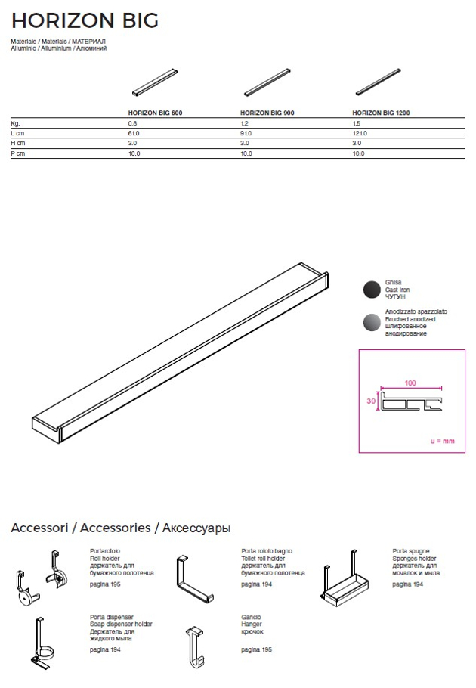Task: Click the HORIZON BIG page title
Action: coord(85,20)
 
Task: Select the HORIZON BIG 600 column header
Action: coord(155,112)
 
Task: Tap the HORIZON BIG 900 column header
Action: coord(267,112)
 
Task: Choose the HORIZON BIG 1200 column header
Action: coord(382,112)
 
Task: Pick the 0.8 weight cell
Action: coord(133,122)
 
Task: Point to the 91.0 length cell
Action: coord(246,133)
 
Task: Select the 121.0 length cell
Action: coord(360,133)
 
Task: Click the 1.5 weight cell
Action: coord(357,122)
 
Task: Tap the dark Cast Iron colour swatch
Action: coord(372,290)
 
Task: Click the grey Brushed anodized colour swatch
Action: coord(372,322)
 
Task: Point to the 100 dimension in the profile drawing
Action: coord(410,383)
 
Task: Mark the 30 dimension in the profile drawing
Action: coord(371,402)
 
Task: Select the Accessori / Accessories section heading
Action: coord(121,528)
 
